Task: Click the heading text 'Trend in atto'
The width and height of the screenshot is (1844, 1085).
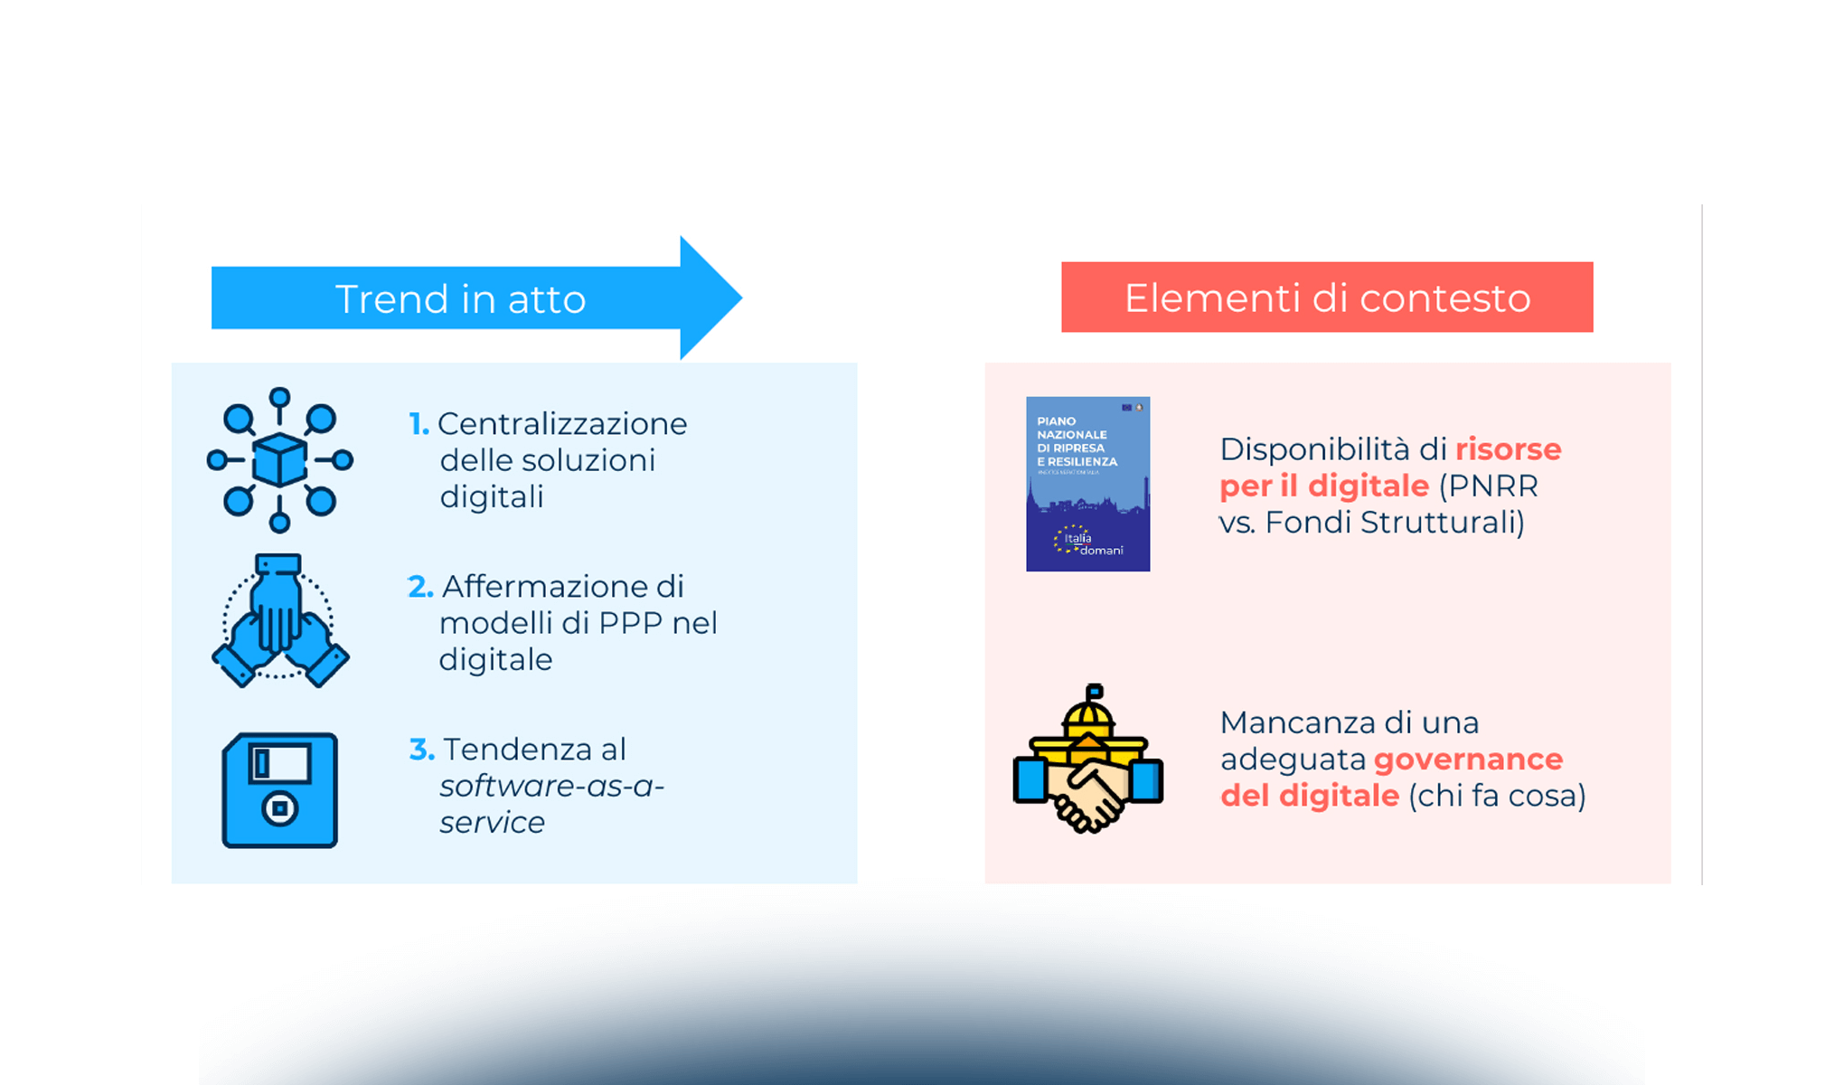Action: (x=460, y=299)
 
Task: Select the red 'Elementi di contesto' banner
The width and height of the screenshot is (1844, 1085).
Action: (x=1326, y=297)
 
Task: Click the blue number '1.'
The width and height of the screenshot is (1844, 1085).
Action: (x=419, y=423)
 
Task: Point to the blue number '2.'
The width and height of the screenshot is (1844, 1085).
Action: (x=420, y=587)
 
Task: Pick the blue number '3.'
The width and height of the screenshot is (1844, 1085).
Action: (x=421, y=750)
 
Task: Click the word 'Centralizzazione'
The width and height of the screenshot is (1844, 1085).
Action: (x=562, y=423)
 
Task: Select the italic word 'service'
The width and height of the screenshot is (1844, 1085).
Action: (x=492, y=823)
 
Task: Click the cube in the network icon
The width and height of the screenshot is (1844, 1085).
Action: (x=279, y=460)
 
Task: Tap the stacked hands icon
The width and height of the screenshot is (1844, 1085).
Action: (x=279, y=622)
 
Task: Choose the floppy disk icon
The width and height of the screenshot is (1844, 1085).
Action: (x=279, y=790)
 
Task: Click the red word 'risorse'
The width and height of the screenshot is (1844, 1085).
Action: (x=1508, y=449)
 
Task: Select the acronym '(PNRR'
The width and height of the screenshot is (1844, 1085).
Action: (x=1488, y=486)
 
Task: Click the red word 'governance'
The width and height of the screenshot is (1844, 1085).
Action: (x=1468, y=759)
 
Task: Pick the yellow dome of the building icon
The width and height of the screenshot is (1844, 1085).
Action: (x=1088, y=719)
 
